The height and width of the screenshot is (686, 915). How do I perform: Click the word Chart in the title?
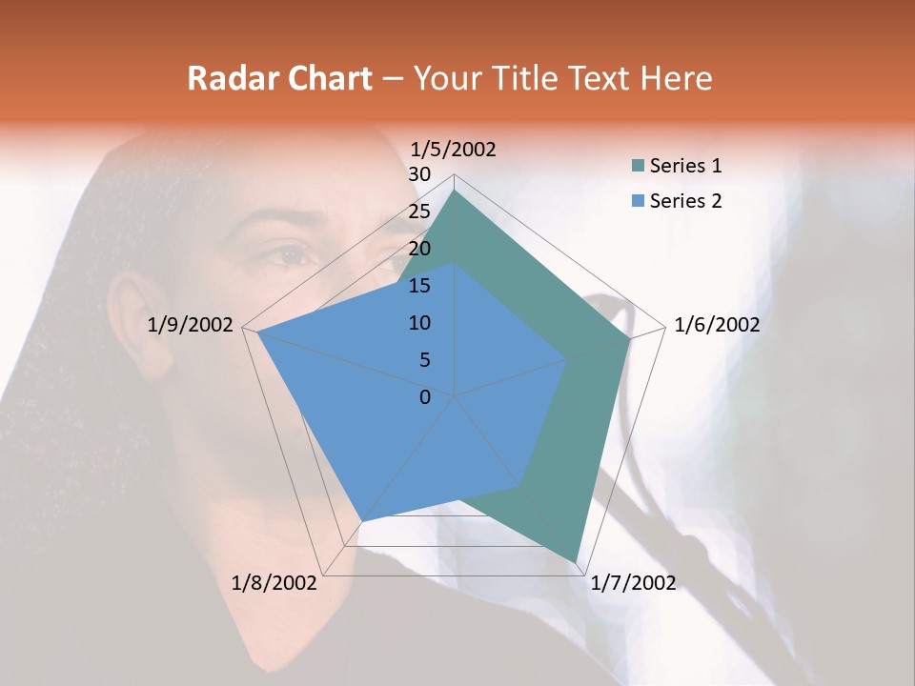click(x=330, y=78)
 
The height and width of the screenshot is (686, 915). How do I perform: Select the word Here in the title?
click(x=676, y=78)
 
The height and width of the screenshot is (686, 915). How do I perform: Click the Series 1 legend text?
click(x=685, y=166)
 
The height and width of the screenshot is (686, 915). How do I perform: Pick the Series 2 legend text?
click(x=685, y=201)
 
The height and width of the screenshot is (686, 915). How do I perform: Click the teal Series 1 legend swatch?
click(x=638, y=167)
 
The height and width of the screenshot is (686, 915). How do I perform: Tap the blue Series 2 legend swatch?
click(x=638, y=201)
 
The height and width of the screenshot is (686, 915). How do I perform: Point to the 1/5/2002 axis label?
click(x=454, y=149)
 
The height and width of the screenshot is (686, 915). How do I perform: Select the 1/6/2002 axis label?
click(x=717, y=325)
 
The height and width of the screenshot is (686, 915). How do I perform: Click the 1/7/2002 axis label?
click(x=633, y=583)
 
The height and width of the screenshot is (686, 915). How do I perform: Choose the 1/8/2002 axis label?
click(x=274, y=583)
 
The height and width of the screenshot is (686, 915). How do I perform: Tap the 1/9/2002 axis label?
click(x=191, y=325)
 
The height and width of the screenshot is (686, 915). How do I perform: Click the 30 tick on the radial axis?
click(x=419, y=174)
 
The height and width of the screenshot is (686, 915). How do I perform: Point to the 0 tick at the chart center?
click(x=425, y=397)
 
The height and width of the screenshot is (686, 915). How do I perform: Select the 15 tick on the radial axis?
click(x=419, y=286)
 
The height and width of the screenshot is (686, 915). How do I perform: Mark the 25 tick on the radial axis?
click(x=419, y=212)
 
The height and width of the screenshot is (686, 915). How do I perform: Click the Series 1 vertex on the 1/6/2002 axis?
click(x=629, y=338)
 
